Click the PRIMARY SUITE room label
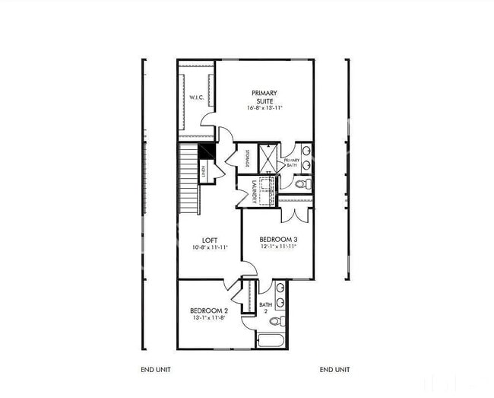(265, 97)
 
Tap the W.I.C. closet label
(195, 97)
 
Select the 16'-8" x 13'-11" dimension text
(265, 108)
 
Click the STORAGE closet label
(249, 158)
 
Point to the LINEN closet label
(204, 172)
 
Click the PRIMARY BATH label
(291, 164)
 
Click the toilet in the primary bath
(302, 183)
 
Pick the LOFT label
(210, 240)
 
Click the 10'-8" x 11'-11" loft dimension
(210, 248)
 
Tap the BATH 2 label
(265, 307)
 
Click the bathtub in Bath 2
(271, 339)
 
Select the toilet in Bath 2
(278, 320)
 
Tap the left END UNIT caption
(156, 370)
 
